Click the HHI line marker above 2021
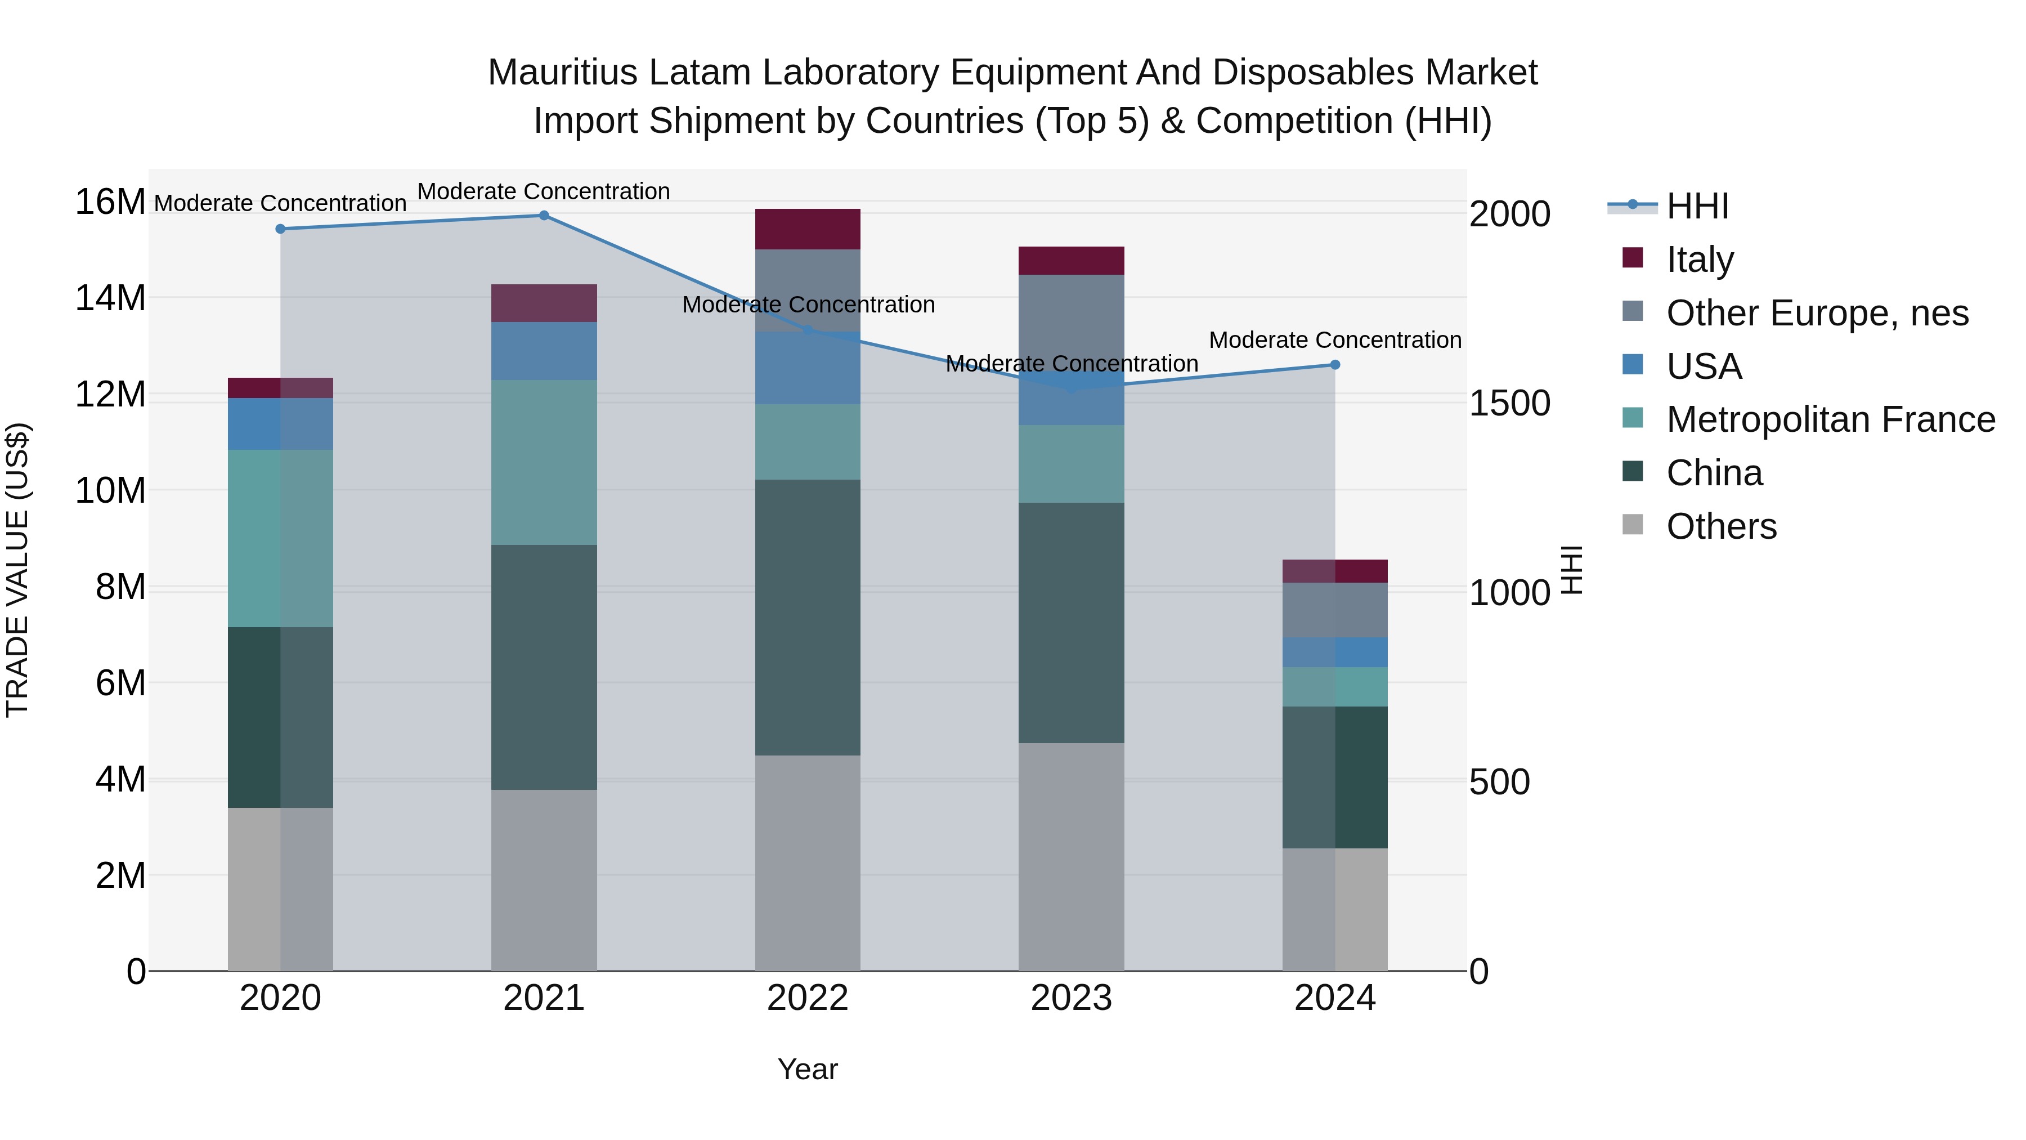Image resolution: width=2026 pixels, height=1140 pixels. (x=544, y=216)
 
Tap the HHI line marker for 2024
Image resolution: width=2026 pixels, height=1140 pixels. (x=1335, y=365)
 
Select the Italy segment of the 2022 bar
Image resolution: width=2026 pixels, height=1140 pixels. (x=808, y=230)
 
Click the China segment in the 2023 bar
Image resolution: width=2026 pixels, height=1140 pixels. (x=1071, y=623)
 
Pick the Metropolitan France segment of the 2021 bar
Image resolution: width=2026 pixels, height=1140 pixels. (x=544, y=463)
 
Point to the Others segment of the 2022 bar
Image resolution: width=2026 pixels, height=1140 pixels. (x=808, y=863)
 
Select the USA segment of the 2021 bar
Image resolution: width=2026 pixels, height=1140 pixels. (x=544, y=351)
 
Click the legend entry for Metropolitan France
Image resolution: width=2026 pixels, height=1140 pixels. (x=1830, y=419)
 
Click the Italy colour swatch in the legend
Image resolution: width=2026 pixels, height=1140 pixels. (x=1633, y=258)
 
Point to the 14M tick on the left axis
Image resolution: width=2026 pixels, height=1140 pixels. (x=110, y=298)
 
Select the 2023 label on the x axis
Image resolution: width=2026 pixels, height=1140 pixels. (x=1071, y=998)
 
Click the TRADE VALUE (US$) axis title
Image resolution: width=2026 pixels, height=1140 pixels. (x=18, y=570)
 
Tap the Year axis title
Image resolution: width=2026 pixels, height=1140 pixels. (x=808, y=1069)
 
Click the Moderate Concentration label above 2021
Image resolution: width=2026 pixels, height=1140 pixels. (x=544, y=191)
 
